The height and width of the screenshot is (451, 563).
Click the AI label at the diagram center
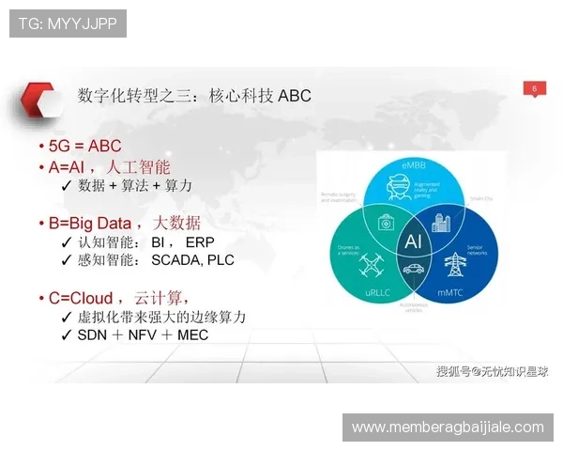click(413, 241)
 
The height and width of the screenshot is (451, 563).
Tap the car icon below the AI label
click(413, 271)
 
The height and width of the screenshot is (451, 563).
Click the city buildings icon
click(441, 223)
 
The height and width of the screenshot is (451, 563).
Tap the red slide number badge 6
click(534, 89)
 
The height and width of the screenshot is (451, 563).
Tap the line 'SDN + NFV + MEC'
click(142, 334)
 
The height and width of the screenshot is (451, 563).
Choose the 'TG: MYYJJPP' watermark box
click(68, 23)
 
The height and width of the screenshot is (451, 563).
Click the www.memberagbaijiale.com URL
click(448, 428)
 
